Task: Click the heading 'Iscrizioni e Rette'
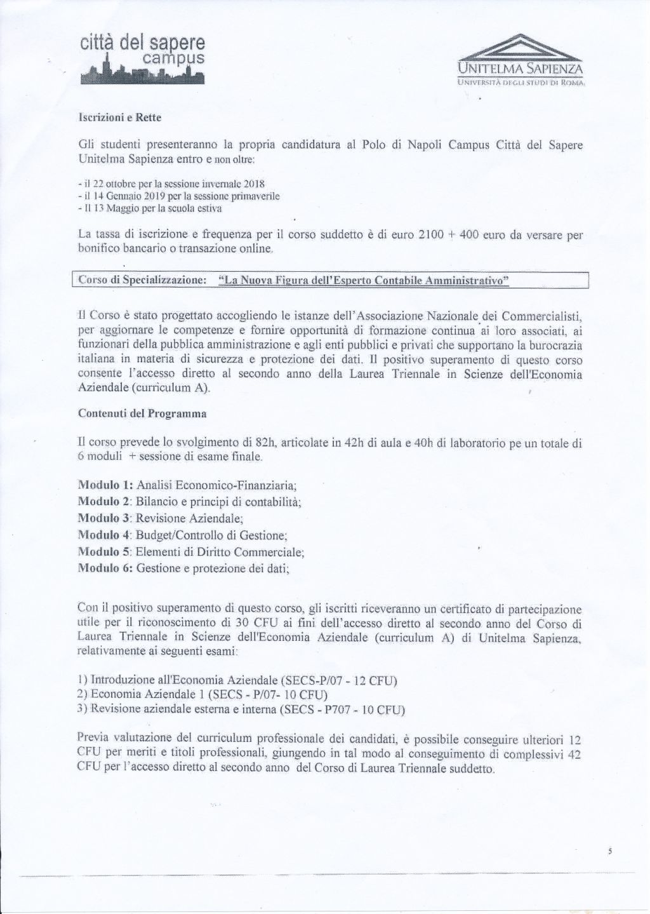(120, 118)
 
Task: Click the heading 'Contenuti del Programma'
(142, 413)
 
